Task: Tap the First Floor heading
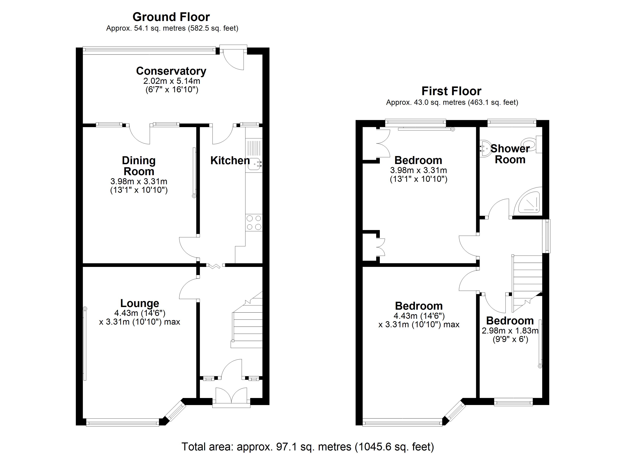click(451, 91)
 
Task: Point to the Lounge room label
click(140, 303)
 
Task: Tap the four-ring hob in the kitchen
click(254, 223)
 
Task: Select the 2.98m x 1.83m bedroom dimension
click(510, 331)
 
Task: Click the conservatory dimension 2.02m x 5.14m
click(171, 81)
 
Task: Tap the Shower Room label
click(510, 154)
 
